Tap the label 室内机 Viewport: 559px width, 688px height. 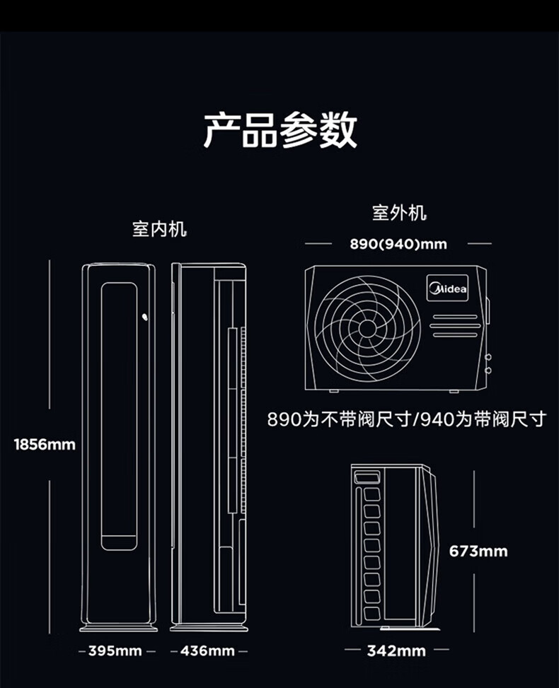(160, 229)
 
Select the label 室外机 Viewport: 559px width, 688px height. (399, 212)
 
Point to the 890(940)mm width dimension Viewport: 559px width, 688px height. (398, 244)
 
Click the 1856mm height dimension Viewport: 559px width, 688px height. (45, 445)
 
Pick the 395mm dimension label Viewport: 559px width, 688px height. (115, 651)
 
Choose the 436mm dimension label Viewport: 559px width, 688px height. (207, 651)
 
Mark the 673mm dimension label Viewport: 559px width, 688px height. (478, 551)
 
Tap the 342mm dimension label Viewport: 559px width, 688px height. (396, 651)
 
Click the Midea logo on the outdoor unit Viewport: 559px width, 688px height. (447, 288)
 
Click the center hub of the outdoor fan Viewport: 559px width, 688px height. (367, 327)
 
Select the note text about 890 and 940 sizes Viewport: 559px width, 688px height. (407, 419)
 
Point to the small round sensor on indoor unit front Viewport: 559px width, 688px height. (145, 318)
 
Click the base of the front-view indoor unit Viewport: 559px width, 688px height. (118, 626)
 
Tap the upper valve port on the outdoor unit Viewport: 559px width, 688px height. (488, 356)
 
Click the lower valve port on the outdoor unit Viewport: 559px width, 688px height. (488, 370)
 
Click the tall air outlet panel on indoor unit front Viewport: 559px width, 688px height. (119, 416)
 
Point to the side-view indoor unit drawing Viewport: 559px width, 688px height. (209, 445)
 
